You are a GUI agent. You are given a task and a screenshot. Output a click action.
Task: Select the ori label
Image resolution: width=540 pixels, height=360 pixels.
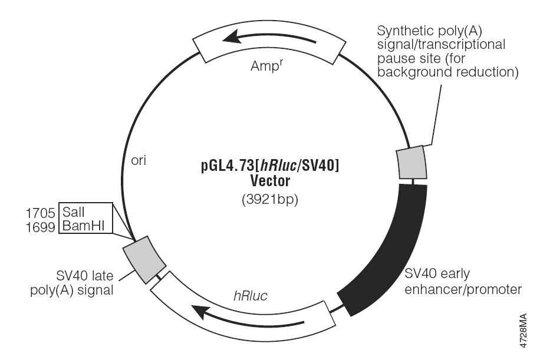point(139,160)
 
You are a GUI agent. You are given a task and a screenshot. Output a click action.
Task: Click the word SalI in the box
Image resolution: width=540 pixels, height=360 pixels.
point(73,212)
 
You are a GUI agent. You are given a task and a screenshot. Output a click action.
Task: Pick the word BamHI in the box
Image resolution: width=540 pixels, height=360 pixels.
point(83,226)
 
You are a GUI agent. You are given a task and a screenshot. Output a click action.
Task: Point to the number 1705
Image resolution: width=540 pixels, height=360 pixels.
point(40,213)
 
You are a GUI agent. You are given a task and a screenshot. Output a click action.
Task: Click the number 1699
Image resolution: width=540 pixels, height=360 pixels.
point(40,227)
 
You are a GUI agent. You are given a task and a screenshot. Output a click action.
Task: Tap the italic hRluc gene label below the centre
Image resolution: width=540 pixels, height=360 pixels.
point(251,296)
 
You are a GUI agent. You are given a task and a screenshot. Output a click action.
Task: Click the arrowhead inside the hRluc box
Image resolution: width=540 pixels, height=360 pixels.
point(202,312)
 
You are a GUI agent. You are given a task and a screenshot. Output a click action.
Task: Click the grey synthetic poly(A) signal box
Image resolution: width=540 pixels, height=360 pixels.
point(411,162)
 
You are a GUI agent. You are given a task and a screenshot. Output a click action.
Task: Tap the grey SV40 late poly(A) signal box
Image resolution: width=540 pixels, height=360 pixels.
point(144,260)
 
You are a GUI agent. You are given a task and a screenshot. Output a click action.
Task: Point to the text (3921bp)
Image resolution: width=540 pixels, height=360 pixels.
point(270,200)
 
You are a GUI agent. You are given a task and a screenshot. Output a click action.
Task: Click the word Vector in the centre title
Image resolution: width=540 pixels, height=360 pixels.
point(270,181)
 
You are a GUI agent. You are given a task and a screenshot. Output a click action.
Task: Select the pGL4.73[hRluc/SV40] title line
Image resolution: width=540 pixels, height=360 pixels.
point(270,166)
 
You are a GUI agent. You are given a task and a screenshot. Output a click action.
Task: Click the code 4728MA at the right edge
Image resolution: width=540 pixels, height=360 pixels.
point(523,331)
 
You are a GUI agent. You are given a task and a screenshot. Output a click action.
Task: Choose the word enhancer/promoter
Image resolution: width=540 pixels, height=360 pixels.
point(463,289)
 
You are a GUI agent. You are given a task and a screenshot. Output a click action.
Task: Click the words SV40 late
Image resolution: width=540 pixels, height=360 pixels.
point(85,276)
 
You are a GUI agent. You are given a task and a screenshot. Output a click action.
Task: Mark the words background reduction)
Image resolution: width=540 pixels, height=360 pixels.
point(448,72)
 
